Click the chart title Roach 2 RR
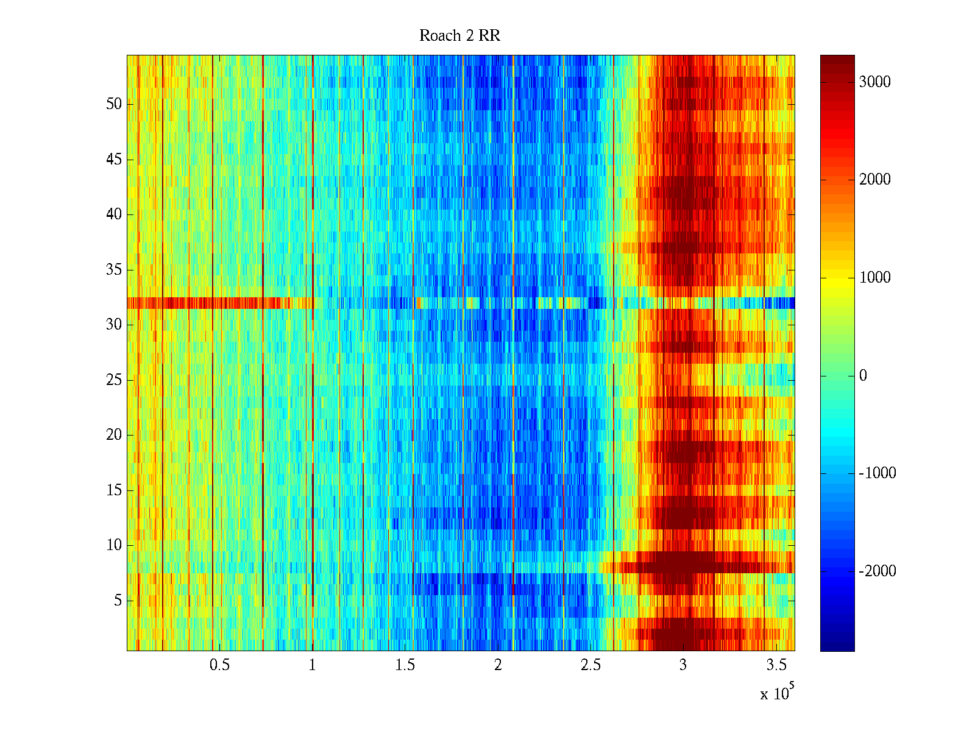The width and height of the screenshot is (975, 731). pos(459,36)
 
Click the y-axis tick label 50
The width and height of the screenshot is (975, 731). pos(114,104)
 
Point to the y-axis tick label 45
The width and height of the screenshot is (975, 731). pos(114,160)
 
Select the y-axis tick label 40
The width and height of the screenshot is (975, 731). pos(114,214)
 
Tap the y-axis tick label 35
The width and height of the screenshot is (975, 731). pos(114,270)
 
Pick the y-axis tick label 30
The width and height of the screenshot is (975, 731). pos(114,325)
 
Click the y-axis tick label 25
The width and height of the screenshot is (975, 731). pos(114,380)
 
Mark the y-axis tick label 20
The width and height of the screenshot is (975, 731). pos(114,435)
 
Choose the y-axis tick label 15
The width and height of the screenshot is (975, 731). pos(114,490)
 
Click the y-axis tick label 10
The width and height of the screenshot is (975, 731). pos(114,545)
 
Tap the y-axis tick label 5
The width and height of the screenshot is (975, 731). pos(118,601)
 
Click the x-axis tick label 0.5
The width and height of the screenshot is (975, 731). pos(219,665)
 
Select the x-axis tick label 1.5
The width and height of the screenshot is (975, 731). pos(405,665)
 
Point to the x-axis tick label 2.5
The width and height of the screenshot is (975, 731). pos(590,665)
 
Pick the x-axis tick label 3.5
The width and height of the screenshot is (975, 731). pos(776,665)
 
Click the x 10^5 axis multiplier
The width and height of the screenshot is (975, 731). pos(777,693)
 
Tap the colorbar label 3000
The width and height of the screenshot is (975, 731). pos(875,82)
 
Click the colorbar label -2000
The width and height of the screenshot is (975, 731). pos(877,571)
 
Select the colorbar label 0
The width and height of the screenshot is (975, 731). pos(863,376)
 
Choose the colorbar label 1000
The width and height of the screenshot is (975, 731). pos(875,278)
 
